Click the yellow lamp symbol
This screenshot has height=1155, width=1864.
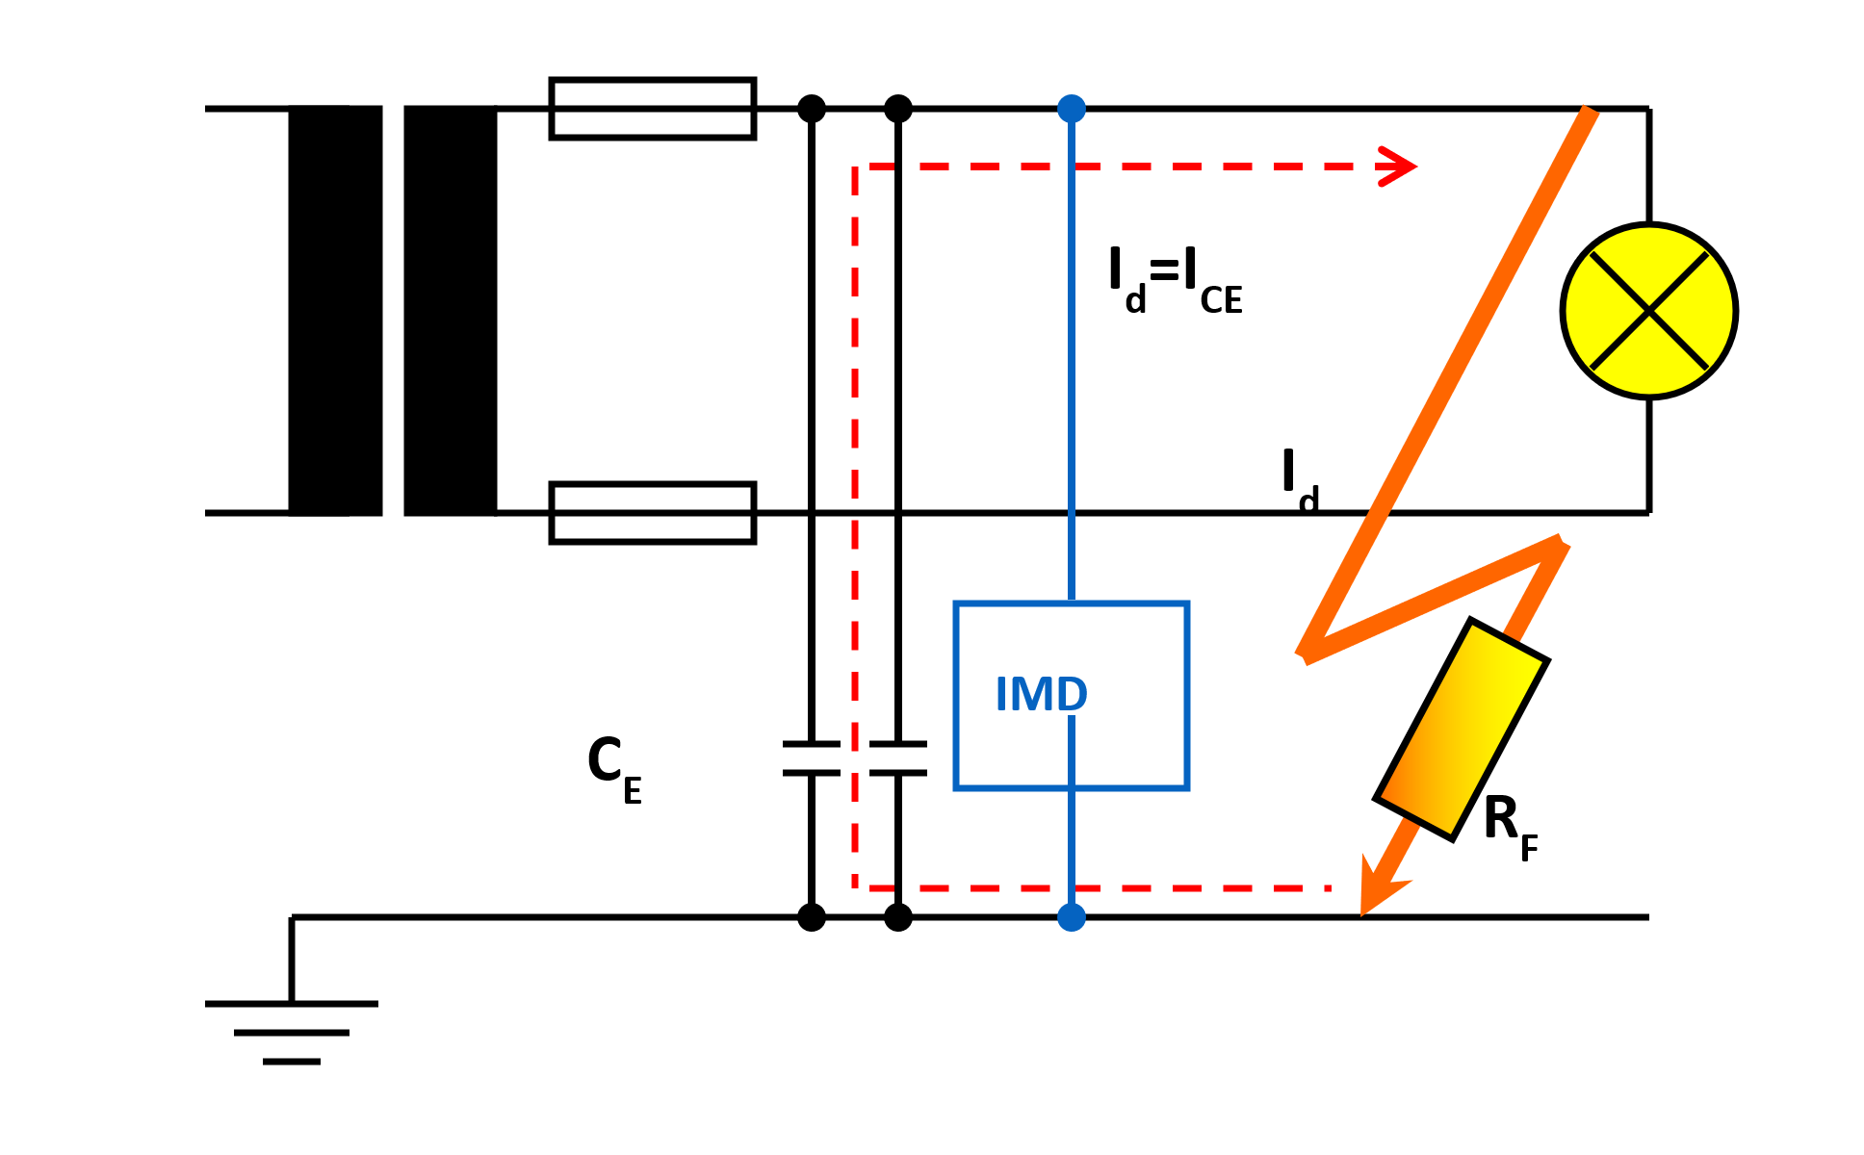pos(1648,311)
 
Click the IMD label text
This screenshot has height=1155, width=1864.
pos(1041,694)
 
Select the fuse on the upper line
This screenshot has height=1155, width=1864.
pos(652,109)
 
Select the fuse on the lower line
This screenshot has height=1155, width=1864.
pos(652,513)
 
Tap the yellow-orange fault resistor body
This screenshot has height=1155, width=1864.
pos(1462,730)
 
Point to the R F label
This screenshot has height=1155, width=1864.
pos(1508,825)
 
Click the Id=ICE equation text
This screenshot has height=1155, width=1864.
pos(1175,279)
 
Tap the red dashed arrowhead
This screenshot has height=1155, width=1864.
pos(1398,167)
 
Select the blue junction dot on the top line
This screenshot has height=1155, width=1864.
pos(1072,109)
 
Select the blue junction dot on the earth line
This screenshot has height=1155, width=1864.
pos(1072,917)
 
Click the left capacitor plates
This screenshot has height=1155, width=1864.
pos(812,758)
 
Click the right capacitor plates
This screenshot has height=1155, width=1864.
pos(898,758)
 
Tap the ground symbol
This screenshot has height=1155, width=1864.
pos(291,1030)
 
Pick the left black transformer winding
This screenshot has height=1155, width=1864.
pos(335,311)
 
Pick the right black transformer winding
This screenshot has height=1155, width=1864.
pos(450,311)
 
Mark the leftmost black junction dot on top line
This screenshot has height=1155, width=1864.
pos(812,109)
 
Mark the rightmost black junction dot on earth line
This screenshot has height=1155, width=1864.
pos(898,917)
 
